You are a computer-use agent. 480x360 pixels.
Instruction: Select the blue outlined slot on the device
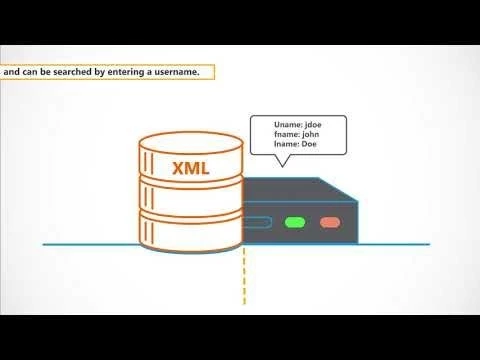pyautogui.click(x=258, y=223)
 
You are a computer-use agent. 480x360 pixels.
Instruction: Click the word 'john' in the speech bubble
pyautogui.click(x=308, y=135)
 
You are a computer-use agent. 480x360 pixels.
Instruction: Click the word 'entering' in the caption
pyautogui.click(x=124, y=73)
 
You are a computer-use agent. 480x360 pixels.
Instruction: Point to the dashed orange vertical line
pyautogui.click(x=243, y=280)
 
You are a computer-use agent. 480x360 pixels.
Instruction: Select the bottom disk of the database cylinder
pyautogui.click(x=190, y=232)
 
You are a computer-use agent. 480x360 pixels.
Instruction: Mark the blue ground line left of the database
pyautogui.click(x=90, y=243)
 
